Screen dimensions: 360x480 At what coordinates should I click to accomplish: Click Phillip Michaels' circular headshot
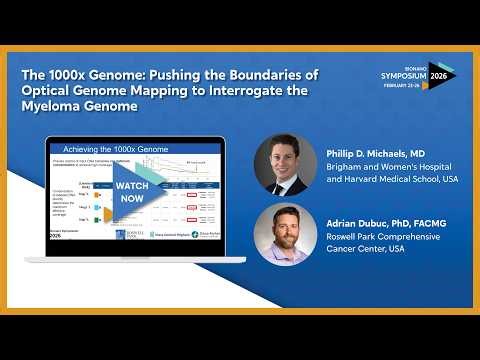(285, 164)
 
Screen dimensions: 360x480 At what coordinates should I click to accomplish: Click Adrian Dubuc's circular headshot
(285, 235)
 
